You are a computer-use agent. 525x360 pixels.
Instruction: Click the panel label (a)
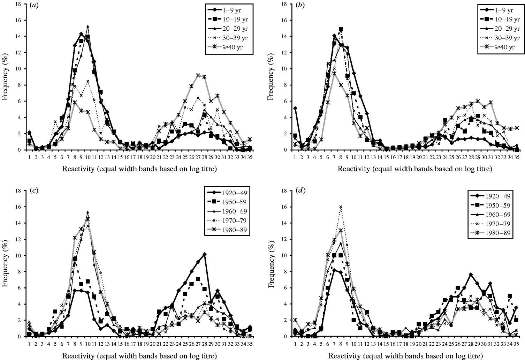34,6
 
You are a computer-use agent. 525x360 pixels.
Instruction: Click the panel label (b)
299,6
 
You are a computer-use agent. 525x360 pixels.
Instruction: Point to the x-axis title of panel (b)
415,169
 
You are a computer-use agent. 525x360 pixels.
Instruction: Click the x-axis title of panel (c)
140,356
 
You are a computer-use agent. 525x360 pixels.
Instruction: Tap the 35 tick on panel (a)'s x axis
249,156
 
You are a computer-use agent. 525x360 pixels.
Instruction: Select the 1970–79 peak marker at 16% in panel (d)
341,207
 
